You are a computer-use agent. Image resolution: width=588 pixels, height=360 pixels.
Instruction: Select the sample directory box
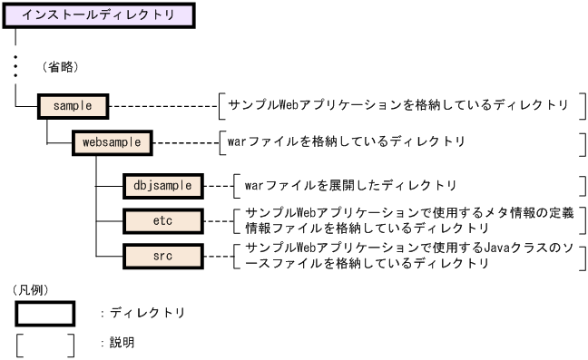pos(73,105)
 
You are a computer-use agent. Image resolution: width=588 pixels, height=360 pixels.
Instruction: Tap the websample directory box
pos(112,142)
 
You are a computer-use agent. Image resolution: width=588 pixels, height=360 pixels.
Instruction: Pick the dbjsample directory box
pos(162,185)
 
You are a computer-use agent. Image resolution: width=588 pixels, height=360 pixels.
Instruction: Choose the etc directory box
pos(162,219)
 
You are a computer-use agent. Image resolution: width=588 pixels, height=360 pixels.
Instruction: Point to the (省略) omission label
pos(61,67)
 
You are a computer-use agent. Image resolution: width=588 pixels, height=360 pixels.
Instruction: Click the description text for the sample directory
pos(398,105)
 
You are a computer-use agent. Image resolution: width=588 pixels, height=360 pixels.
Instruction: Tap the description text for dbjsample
pos(350,185)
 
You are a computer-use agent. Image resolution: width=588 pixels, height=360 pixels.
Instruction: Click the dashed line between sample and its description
pos(163,105)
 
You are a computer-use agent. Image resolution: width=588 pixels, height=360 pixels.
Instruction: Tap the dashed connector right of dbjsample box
pos(217,185)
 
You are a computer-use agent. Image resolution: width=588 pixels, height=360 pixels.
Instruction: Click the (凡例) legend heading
pos(30,290)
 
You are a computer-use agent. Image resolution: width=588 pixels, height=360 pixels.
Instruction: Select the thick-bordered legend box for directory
pos(44,312)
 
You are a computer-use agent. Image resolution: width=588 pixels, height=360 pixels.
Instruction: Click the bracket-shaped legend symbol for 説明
pos(44,345)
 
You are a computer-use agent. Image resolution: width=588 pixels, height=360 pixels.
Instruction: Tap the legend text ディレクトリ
pos(146,313)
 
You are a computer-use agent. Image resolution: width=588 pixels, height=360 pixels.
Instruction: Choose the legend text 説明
pos(122,345)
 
